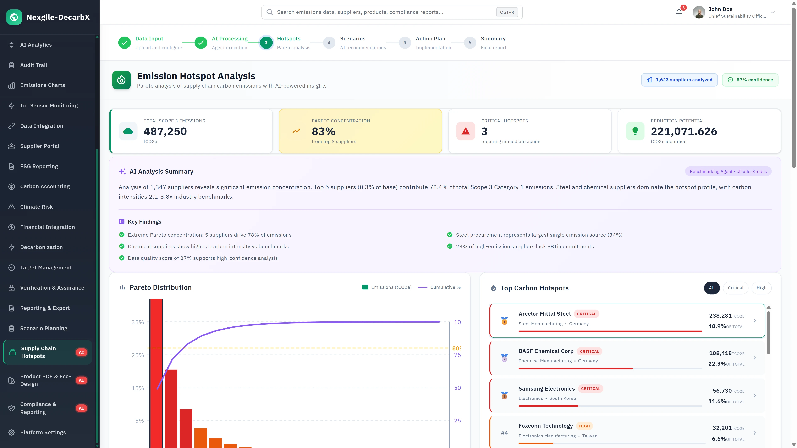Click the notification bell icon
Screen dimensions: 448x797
[x=679, y=12]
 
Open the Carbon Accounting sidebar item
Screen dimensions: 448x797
[x=45, y=186]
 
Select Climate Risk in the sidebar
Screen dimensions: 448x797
[x=37, y=207]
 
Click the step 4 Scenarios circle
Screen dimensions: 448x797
[x=329, y=43]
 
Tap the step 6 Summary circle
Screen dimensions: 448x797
[x=470, y=43]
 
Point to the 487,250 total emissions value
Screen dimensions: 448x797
[x=165, y=131]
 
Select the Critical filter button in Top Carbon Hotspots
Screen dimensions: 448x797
[x=735, y=288]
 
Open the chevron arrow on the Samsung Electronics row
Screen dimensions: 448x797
[x=755, y=396]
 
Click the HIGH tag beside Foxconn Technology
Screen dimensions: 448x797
[x=584, y=426]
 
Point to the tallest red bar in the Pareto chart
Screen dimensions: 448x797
[x=156, y=371]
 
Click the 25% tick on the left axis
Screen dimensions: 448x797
[x=138, y=355]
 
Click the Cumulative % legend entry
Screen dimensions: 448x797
[x=439, y=287]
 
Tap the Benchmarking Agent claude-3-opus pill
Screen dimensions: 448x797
[x=728, y=172]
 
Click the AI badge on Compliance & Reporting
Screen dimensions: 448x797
[x=81, y=408]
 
